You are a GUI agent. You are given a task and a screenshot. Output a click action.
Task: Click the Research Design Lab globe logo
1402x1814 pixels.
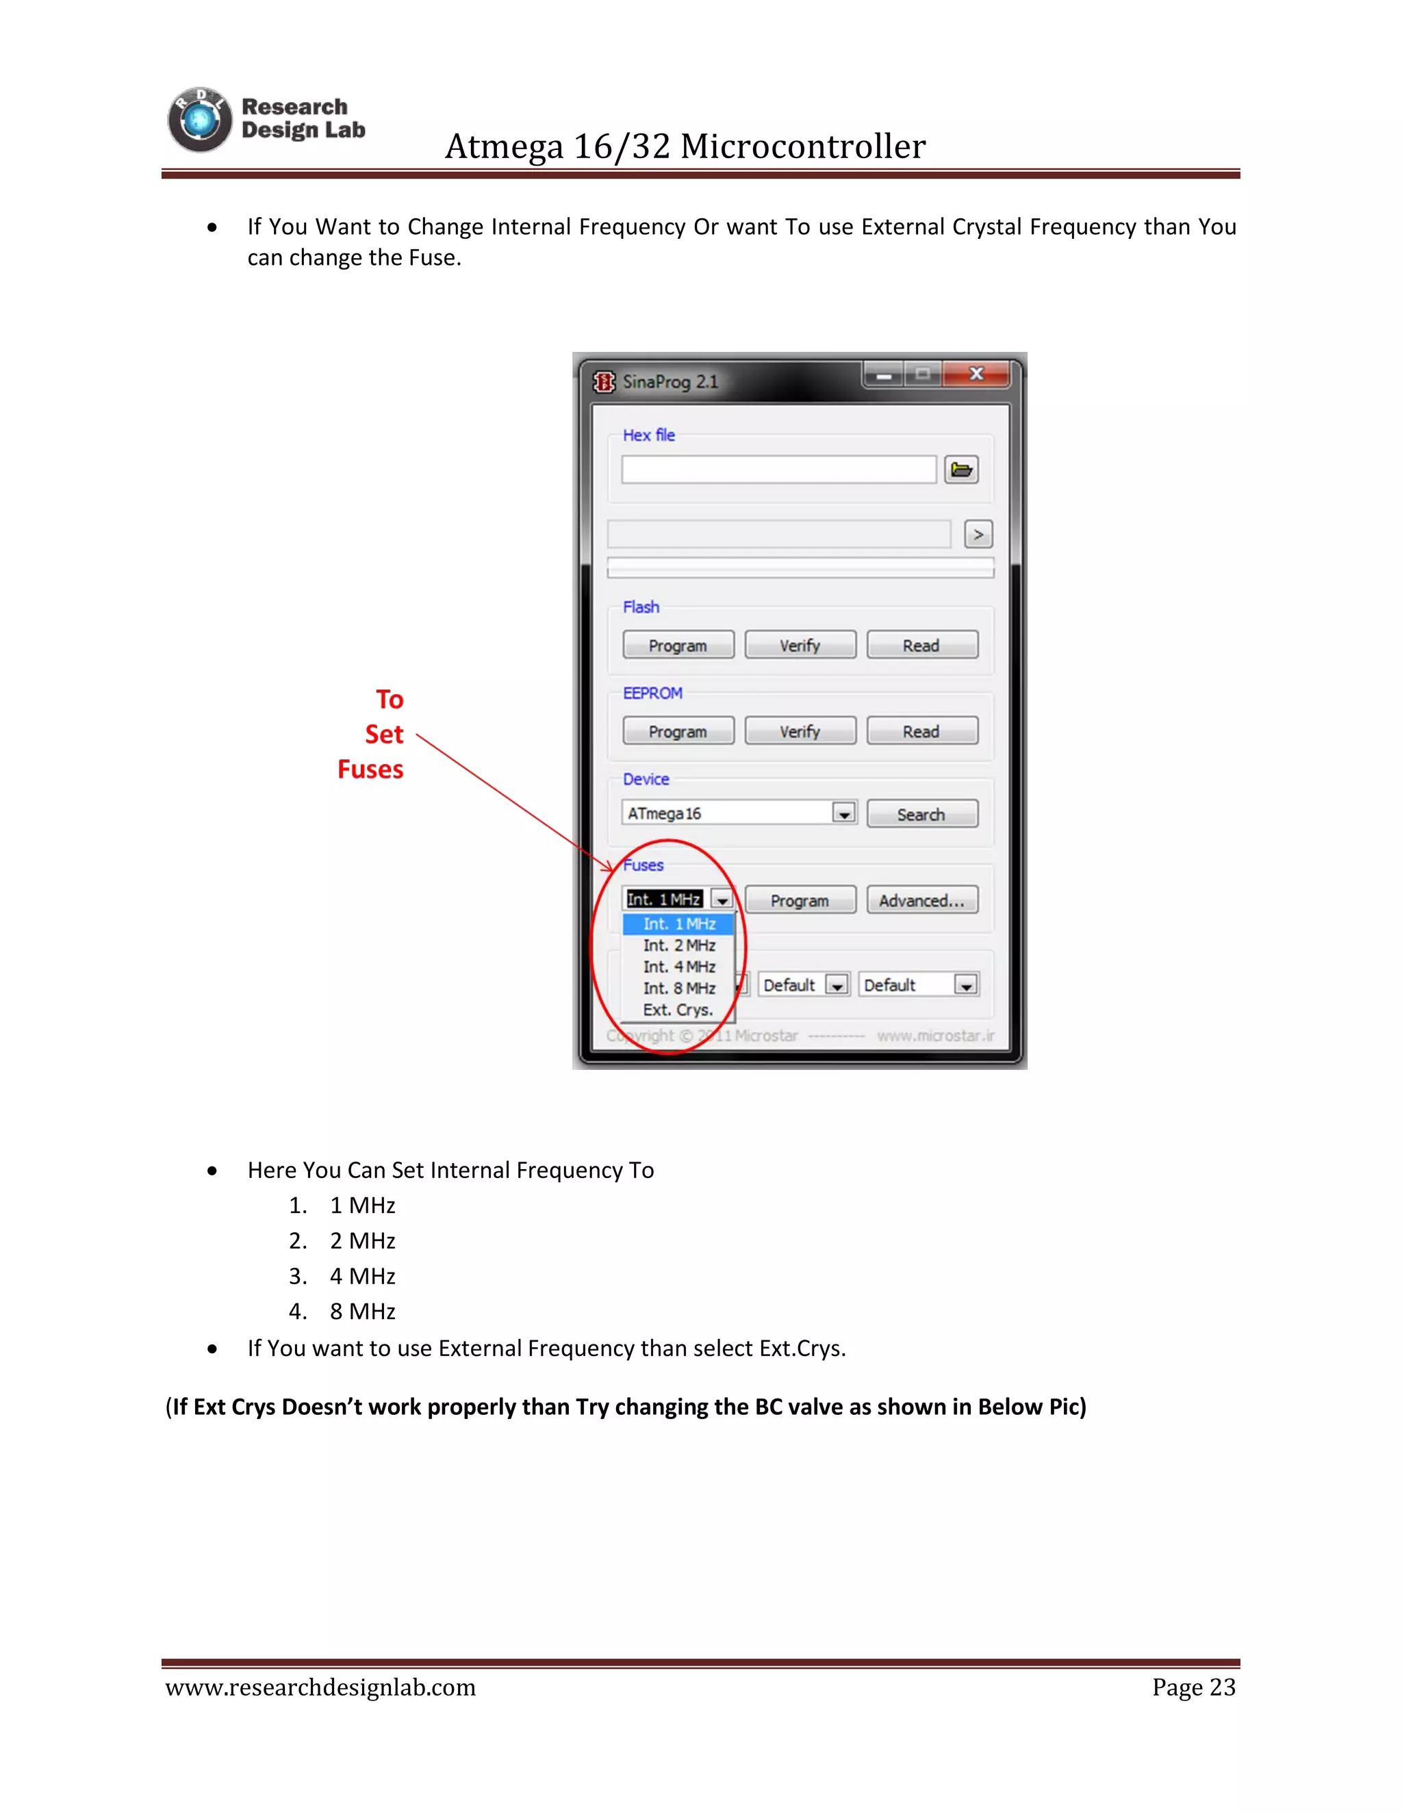pos(199,120)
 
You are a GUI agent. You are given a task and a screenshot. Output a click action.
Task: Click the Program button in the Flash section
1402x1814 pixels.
pos(678,646)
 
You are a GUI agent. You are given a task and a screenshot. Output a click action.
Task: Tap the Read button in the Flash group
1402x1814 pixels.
pos(921,646)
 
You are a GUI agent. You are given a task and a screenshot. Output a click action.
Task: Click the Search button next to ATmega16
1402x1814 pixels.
pos(921,814)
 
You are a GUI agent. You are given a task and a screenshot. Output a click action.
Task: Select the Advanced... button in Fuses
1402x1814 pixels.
pos(921,900)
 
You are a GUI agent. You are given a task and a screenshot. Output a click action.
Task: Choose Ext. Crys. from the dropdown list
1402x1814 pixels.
pos(678,1010)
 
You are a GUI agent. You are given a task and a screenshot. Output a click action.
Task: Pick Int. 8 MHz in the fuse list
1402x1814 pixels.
pos(678,988)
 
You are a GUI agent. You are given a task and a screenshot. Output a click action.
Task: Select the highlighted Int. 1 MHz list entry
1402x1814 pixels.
pos(678,923)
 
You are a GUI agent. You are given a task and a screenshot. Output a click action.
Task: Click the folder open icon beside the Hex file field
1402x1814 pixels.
pos(961,470)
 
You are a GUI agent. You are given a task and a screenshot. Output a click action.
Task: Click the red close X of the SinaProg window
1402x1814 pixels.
pos(977,374)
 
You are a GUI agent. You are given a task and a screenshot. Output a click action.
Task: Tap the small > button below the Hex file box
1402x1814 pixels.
pos(978,535)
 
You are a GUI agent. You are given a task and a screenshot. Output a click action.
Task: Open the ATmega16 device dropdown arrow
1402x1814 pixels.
pos(844,814)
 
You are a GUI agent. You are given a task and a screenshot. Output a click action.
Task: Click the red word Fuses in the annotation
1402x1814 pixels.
pos(370,770)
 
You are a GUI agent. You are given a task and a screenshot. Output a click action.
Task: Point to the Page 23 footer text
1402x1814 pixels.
pos(1193,1687)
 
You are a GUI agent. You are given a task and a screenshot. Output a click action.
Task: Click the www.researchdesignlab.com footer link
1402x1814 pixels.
pos(320,1687)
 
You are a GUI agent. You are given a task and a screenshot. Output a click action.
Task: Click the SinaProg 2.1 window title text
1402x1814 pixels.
pos(670,382)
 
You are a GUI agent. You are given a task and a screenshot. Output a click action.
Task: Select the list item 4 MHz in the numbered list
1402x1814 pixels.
pos(362,1276)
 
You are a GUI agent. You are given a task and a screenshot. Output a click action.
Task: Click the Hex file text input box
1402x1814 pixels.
pos(778,470)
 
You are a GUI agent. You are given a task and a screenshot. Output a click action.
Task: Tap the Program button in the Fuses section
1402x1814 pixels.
pos(799,900)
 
